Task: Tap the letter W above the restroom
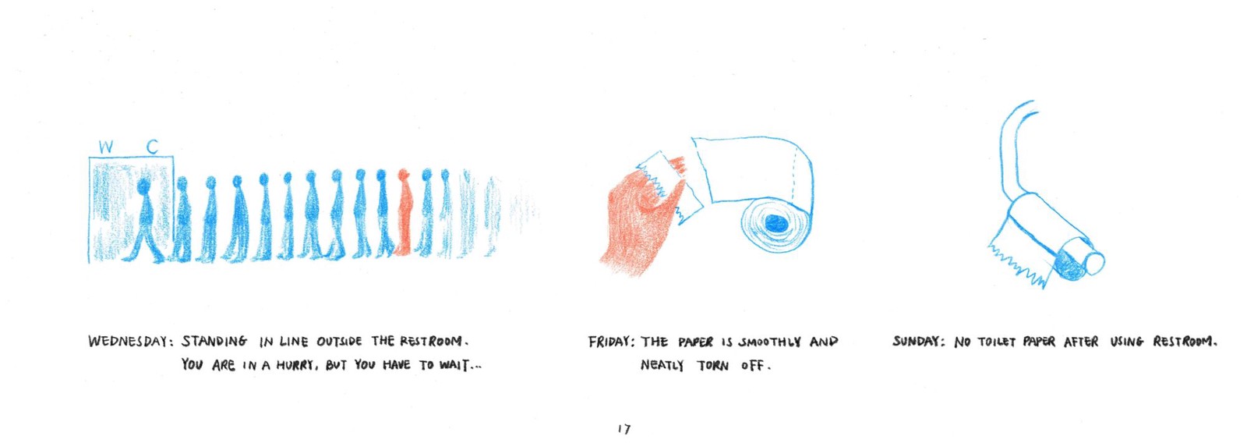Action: click(x=106, y=147)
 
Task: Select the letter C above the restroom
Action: click(x=152, y=147)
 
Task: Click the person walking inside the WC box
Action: click(x=145, y=220)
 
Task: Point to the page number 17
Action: click(x=623, y=428)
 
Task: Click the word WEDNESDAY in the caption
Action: click(x=128, y=341)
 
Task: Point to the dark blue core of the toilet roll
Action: click(x=776, y=224)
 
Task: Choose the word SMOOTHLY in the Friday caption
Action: click(x=769, y=342)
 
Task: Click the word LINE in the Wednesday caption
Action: click(x=293, y=341)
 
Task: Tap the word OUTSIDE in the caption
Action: click(x=339, y=341)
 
